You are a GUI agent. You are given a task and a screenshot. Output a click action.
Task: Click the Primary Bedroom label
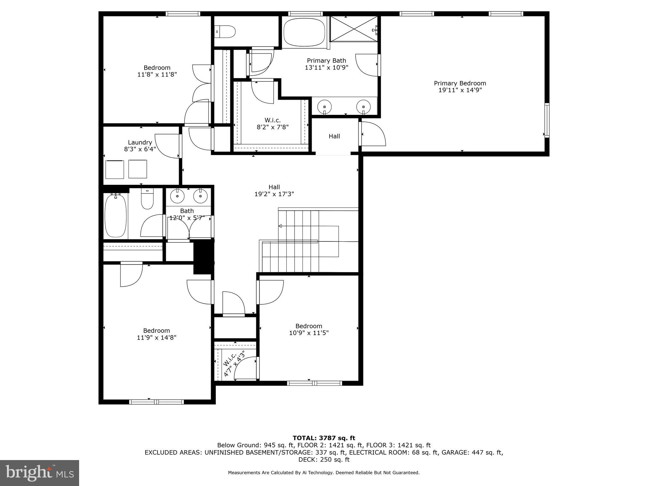point(460,83)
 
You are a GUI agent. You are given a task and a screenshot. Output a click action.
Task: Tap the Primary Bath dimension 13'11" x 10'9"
point(327,67)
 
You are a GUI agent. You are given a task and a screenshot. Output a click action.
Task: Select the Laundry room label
point(140,142)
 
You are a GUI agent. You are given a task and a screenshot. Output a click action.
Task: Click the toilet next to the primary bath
point(226,32)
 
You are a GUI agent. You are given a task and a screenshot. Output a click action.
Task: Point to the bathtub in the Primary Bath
point(304,32)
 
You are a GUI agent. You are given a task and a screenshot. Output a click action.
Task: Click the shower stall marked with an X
point(353,29)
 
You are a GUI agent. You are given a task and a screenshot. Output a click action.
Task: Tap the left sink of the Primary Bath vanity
point(324,107)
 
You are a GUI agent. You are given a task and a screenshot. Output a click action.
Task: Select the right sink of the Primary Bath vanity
point(364,107)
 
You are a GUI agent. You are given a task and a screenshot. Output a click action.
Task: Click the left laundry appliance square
point(114,169)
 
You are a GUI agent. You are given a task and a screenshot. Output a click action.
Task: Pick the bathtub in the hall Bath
point(115,216)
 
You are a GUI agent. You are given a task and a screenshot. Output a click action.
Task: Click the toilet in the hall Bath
point(147,199)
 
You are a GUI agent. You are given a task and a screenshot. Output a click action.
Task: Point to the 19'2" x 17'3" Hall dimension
point(274,194)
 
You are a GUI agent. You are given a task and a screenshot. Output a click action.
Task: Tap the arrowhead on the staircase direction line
point(280,226)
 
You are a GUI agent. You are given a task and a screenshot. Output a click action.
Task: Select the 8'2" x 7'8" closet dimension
point(272,127)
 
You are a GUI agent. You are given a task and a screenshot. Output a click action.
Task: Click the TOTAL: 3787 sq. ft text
point(324,438)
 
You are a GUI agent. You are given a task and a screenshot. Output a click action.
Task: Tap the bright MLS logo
point(40,473)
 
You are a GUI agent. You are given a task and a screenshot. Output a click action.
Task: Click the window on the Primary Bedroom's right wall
point(546,120)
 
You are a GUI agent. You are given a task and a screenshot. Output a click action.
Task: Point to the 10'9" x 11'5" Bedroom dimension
point(309,333)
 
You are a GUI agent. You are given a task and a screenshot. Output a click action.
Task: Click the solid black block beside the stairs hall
point(203,257)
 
